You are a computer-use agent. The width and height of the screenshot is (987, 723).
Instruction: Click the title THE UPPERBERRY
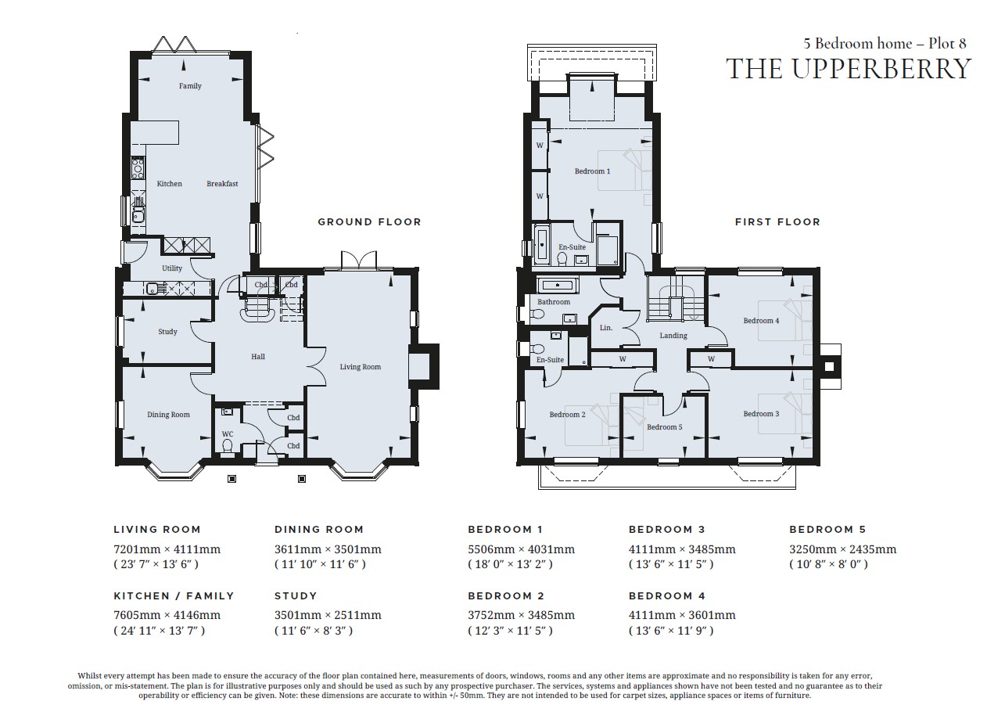849,69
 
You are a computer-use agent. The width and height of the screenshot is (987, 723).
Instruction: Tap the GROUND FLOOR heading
370,221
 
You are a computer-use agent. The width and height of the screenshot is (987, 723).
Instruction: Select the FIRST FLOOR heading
777,221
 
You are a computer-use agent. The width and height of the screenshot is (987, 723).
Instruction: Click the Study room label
167,332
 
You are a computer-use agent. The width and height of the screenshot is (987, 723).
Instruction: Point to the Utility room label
172,268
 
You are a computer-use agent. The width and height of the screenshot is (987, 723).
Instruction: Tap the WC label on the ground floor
228,433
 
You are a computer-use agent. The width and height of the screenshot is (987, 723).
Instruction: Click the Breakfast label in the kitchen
222,183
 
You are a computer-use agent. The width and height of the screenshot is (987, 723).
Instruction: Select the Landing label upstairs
673,336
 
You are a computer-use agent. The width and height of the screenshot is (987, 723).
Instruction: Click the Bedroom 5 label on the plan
665,426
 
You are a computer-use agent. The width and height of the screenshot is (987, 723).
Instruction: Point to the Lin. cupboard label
606,328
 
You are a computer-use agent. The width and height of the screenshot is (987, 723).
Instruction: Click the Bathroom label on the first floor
554,302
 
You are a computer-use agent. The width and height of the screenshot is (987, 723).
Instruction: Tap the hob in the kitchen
138,168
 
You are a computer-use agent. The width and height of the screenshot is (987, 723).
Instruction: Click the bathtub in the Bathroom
558,286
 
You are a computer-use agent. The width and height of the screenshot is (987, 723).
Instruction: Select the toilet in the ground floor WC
228,447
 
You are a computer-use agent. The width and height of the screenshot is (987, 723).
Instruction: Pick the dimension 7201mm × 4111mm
167,549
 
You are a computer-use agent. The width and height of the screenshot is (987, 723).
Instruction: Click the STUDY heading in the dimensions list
296,596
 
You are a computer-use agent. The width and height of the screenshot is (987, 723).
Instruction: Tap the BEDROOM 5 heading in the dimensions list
827,529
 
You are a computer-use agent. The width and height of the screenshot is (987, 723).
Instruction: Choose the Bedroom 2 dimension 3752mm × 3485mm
521,615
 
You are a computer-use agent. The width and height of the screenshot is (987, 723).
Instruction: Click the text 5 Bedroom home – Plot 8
885,43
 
